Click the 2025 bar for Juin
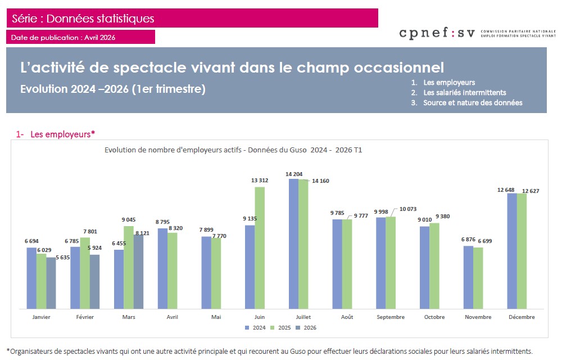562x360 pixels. (260, 247)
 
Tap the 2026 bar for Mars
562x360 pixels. (138, 272)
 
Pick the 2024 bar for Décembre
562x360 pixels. (512, 251)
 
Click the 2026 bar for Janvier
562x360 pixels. (51, 283)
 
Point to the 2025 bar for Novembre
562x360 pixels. (478, 278)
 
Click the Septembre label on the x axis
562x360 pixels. (391, 317)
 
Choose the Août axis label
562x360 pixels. (347, 317)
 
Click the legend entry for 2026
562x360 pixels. (307, 327)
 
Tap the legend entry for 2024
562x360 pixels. (256, 327)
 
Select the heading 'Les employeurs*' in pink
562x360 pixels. (62, 134)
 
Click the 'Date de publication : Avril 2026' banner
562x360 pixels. (80, 37)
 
